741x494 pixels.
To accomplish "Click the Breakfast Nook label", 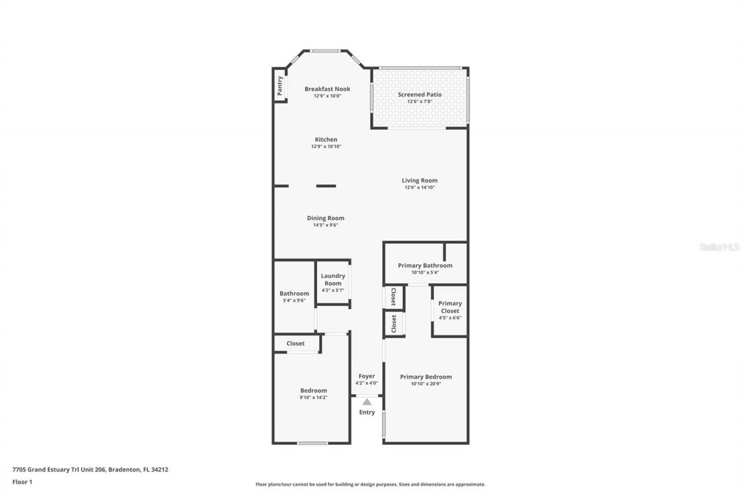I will coord(327,89).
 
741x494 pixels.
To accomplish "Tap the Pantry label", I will coord(280,86).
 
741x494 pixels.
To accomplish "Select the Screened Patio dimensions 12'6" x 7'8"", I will coord(420,102).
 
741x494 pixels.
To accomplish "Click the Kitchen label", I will coord(326,140).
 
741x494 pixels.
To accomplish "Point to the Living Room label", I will coord(420,180).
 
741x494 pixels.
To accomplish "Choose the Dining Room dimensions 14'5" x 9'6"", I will coord(325,225).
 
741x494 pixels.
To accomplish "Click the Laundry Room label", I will coord(333,280).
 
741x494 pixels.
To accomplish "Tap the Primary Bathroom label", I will coord(425,265).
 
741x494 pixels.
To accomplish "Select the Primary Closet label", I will coord(450,307).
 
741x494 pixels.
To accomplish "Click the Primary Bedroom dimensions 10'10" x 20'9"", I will coord(425,384).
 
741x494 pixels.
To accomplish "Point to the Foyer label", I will coord(366,376).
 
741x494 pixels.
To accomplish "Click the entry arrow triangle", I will coord(367,402).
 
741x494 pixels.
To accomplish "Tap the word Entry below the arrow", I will coord(367,412).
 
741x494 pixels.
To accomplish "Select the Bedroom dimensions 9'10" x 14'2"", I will coord(313,398).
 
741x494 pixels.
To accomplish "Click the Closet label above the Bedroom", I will coord(295,343).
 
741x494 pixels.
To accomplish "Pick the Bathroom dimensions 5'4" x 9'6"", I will coord(294,301).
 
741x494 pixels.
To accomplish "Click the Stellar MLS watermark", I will coord(719,247).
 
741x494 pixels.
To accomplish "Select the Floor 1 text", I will coord(22,481).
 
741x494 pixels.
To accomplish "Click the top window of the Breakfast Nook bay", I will coord(325,51).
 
